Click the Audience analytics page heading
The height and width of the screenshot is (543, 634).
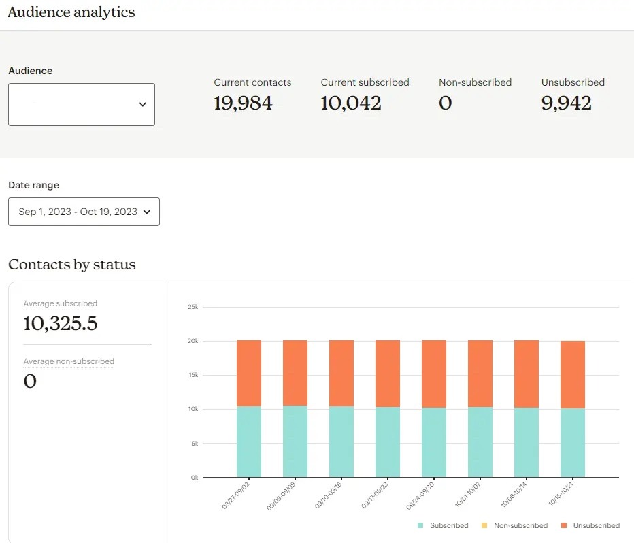pos(71,12)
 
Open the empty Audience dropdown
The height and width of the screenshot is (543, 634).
pos(82,104)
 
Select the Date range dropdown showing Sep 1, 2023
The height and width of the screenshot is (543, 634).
pos(84,212)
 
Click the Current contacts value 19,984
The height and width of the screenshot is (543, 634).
pos(243,103)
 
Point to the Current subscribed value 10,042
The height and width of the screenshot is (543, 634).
pos(351,103)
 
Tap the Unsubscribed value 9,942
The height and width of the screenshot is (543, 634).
pos(567,103)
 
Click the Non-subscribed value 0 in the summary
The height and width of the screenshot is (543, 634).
pos(446,103)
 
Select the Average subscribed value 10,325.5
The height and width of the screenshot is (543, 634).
pos(61,324)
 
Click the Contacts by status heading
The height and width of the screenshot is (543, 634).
pos(72,265)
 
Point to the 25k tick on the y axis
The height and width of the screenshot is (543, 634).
pos(193,307)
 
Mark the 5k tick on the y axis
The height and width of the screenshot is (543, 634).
pos(193,444)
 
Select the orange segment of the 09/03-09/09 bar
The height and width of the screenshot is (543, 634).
pos(295,373)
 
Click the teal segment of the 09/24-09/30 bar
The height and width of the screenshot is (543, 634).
pos(434,442)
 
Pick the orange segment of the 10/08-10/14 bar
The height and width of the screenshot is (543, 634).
pos(527,374)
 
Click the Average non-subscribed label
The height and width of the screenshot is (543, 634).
pos(69,361)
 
